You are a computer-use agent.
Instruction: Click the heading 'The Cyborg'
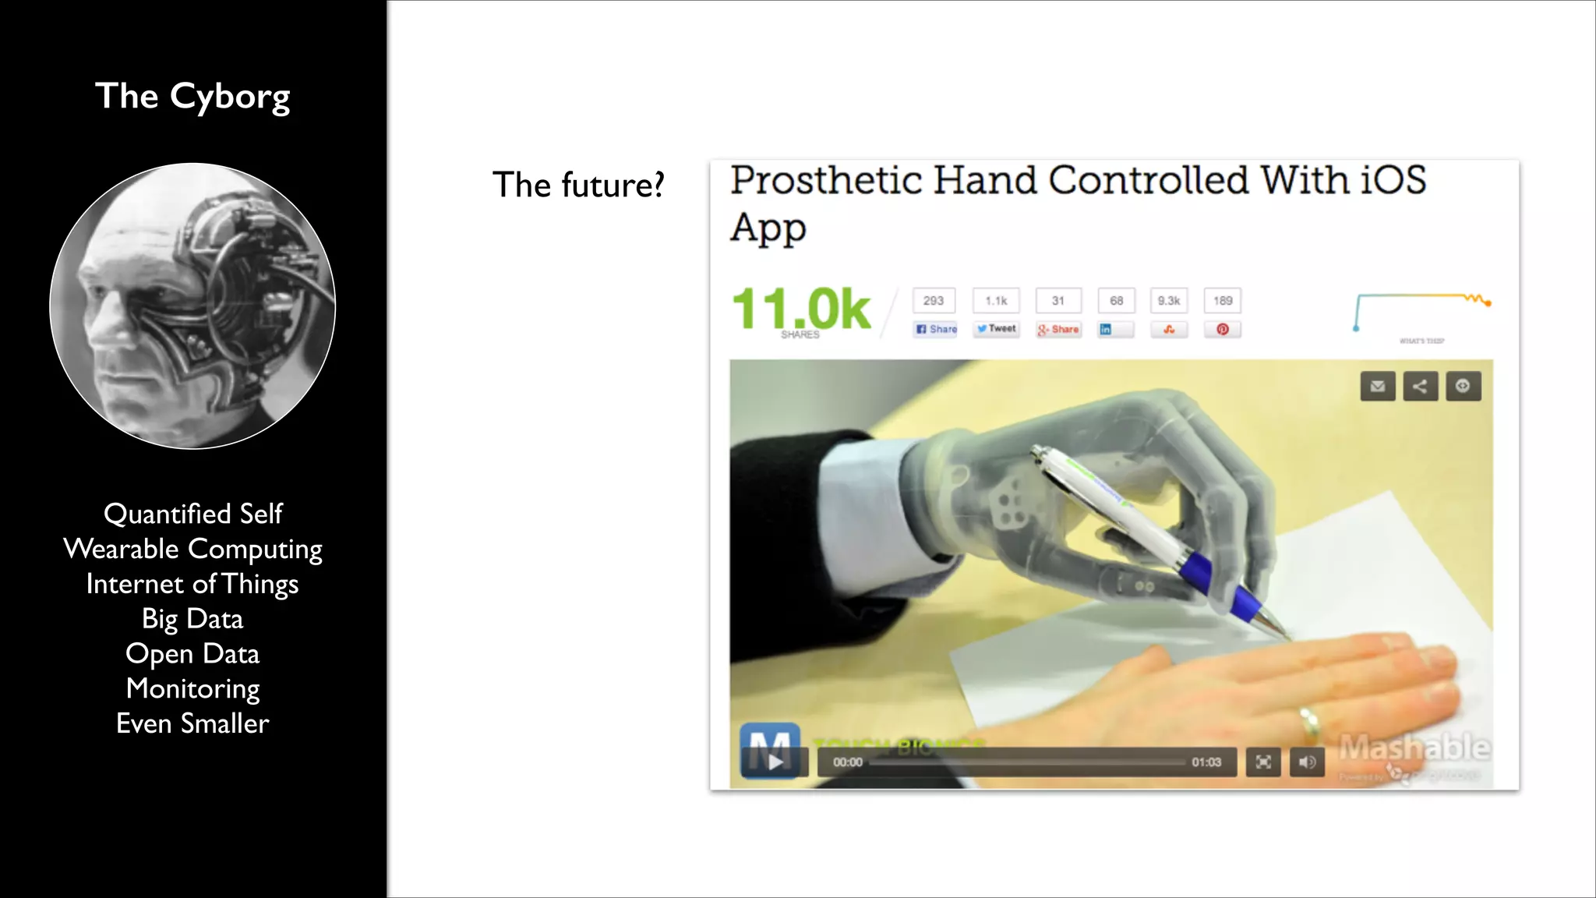192,97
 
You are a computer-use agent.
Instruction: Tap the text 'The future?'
578,186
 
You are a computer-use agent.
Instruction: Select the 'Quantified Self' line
192,514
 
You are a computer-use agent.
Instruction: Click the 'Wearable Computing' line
192,550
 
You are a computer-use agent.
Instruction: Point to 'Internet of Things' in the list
192,585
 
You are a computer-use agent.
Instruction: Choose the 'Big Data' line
192,619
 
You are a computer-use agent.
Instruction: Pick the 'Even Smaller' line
192,723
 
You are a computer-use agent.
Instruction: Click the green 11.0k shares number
801,309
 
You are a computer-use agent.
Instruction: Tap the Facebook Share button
935,329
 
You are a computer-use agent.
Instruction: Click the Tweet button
997,329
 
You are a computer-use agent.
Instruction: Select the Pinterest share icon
1223,329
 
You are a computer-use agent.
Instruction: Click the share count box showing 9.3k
1168,301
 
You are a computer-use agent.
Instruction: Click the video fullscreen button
1263,762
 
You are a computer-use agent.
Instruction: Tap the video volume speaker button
1307,762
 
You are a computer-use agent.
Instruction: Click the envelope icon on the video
1378,386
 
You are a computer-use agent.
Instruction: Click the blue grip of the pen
1216,581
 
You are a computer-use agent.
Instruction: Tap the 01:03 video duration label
1206,762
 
